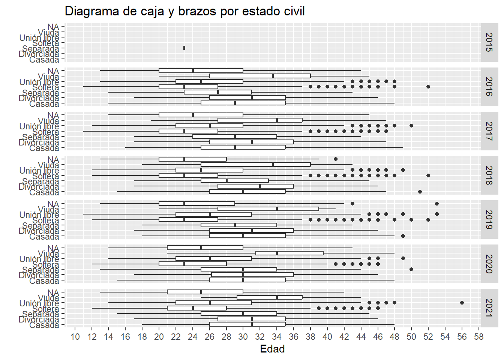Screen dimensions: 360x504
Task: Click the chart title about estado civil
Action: point(184,11)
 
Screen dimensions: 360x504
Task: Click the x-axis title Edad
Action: point(272,349)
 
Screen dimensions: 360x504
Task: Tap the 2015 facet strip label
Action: point(489,42)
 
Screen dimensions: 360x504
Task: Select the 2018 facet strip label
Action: point(489,175)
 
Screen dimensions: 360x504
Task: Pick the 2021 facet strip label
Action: point(489,308)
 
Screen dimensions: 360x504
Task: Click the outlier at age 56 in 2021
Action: point(462,303)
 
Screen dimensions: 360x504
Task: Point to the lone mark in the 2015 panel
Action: point(184,48)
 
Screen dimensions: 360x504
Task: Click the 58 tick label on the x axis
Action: point(478,337)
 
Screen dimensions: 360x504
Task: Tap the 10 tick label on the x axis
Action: point(75,337)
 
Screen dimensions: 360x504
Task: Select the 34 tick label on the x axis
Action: point(277,337)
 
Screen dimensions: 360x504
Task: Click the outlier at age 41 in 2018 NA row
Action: point(336,159)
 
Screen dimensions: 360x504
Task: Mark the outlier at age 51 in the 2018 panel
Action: point(420,192)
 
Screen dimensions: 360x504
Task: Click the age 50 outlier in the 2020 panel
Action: point(411,269)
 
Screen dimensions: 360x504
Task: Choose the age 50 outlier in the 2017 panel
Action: point(411,126)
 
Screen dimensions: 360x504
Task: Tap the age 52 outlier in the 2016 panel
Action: point(428,87)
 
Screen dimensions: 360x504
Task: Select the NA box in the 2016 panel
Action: point(201,70)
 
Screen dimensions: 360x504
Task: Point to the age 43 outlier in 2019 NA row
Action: point(352,204)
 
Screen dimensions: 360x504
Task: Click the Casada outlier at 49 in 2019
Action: point(403,236)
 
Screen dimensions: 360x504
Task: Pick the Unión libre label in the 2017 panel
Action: point(39,126)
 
